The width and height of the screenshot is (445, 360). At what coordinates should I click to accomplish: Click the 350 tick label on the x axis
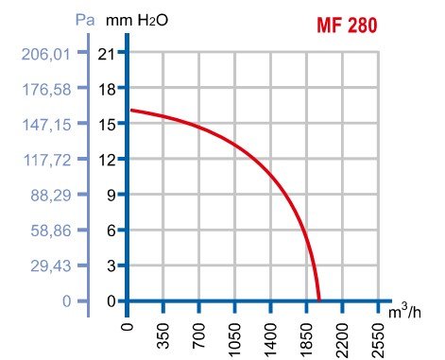tap(164, 335)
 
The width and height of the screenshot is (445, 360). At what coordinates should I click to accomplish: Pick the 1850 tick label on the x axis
tap(307, 335)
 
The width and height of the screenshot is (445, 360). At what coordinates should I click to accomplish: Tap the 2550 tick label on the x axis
tap(379, 335)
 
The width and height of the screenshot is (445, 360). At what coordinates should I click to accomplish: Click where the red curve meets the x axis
tap(319, 300)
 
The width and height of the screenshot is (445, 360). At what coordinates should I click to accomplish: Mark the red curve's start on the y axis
tap(128, 111)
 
